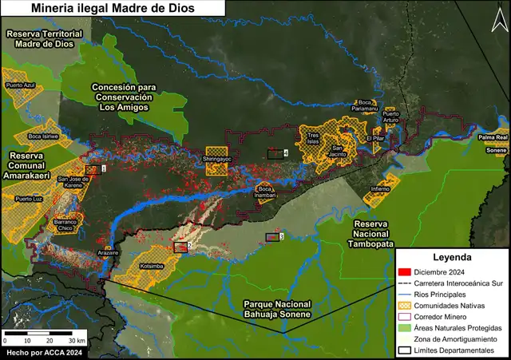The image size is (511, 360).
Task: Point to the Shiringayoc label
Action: pos(216,159)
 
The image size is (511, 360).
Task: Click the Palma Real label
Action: pos(493,137)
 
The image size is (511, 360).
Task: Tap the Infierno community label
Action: pos(381,188)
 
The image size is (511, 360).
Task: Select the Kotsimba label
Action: pos(151,265)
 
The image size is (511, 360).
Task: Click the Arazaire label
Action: pos(108,252)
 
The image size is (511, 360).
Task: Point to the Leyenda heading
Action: pos(452,258)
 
